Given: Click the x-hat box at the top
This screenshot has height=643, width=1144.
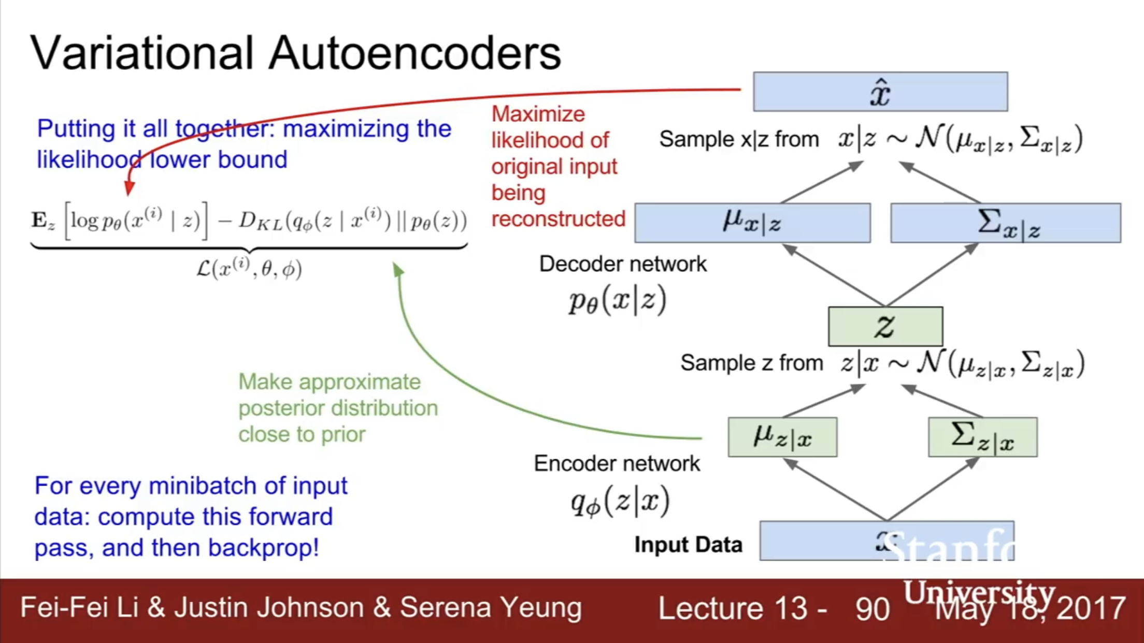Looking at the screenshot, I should (880, 92).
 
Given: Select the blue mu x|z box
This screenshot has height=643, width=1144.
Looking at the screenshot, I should (752, 223).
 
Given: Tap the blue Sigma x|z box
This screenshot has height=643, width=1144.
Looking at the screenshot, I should (1005, 223).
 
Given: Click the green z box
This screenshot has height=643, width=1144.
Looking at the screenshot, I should (885, 326).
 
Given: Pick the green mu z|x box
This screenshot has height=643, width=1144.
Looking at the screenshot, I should (782, 437).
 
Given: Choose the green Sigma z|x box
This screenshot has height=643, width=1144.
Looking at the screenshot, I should (982, 437).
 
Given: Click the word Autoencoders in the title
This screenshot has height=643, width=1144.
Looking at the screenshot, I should (414, 53).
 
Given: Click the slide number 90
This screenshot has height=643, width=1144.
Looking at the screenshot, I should (873, 609).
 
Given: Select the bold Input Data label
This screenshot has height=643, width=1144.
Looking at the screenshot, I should (688, 545).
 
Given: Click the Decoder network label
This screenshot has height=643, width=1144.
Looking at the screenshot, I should (623, 264).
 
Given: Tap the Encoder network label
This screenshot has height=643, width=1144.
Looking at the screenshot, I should (617, 463).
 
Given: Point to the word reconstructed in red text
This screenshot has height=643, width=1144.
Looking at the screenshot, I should (558, 219).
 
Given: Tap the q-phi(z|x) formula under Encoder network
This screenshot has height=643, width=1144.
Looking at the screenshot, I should (620, 501).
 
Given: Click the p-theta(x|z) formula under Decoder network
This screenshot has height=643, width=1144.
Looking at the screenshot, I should (617, 300).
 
